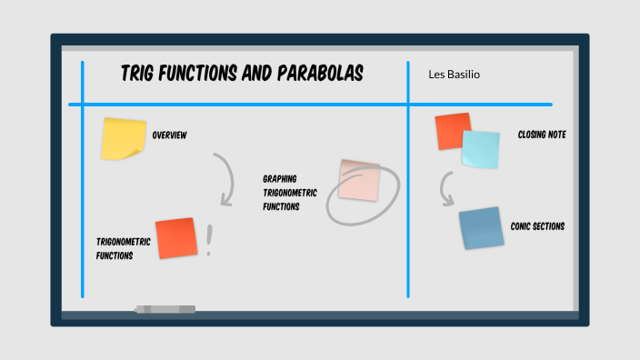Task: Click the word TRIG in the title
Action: pos(140,74)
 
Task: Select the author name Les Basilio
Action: pos(454,74)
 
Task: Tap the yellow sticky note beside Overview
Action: pos(123,138)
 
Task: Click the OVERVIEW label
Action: pos(169,135)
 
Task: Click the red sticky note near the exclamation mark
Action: pos(176,238)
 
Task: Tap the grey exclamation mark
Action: pos(209,241)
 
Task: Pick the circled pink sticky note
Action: pos(359,179)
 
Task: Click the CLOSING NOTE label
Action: pos(542,135)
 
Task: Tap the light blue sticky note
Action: pos(480,148)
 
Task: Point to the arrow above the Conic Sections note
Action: pos(445,189)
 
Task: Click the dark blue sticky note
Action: pos(481,228)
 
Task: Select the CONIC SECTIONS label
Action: pos(537,225)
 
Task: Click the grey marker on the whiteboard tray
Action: pos(165,310)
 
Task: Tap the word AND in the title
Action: pos(258,74)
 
